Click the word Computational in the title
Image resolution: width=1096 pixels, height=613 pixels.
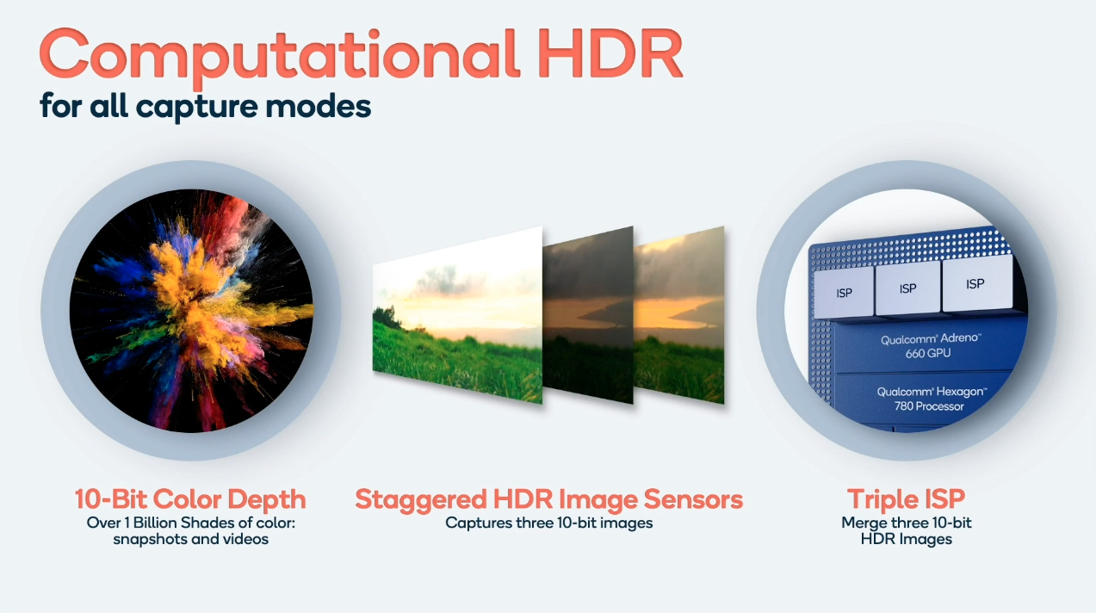pyautogui.click(x=280, y=56)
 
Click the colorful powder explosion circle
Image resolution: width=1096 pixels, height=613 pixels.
pyautogui.click(x=191, y=311)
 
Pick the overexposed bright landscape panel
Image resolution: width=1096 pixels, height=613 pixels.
pyautogui.click(x=457, y=316)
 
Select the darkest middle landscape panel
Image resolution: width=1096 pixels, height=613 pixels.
pyautogui.click(x=588, y=316)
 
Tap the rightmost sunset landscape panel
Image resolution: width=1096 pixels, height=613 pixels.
pyautogui.click(x=679, y=316)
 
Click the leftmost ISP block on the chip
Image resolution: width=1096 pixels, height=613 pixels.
pyautogui.click(x=844, y=293)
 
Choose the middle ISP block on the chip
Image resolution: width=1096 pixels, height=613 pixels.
pyautogui.click(x=907, y=288)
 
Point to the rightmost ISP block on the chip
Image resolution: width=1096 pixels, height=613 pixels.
pyautogui.click(x=976, y=283)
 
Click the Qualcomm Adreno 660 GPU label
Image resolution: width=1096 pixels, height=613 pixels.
pyautogui.click(x=930, y=345)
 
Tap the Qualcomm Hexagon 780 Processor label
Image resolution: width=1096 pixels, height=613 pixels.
pyautogui.click(x=931, y=399)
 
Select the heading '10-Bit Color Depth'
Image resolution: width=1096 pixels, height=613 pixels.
pyautogui.click(x=190, y=499)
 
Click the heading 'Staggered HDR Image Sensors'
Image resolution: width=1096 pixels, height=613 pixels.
pyautogui.click(x=549, y=500)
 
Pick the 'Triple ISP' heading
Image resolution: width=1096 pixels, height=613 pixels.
pyautogui.click(x=906, y=500)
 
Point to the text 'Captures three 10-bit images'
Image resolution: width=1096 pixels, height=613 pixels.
pyautogui.click(x=549, y=523)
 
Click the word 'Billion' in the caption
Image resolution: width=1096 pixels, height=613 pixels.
pyautogui.click(x=155, y=523)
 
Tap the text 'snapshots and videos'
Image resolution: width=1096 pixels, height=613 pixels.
pyautogui.click(x=191, y=539)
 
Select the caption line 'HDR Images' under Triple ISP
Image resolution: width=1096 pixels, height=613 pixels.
pyautogui.click(x=906, y=539)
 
